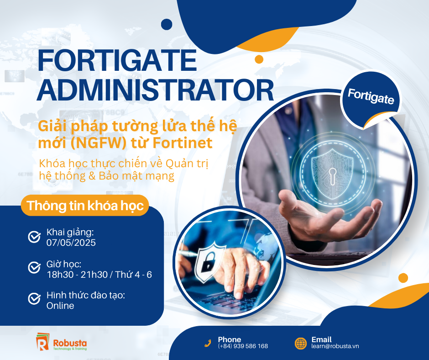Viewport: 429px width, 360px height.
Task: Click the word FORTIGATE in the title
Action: click(x=117, y=60)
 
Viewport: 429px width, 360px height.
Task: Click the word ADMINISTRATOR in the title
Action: click(x=155, y=90)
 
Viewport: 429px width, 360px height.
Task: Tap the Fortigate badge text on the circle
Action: click(x=371, y=96)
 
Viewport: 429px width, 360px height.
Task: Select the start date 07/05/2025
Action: click(x=71, y=243)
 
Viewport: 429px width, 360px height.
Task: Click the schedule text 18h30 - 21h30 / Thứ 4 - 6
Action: click(x=99, y=275)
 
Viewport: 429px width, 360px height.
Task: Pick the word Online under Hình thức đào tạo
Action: click(x=60, y=306)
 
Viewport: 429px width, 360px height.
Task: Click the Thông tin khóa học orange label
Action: click(x=85, y=206)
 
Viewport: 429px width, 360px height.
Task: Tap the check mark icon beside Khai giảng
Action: click(x=35, y=237)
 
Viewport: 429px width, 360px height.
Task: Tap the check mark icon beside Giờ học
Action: click(x=35, y=267)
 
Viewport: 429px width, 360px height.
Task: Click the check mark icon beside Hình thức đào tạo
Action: click(x=35, y=298)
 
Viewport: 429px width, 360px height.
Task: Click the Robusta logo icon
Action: click(x=42, y=341)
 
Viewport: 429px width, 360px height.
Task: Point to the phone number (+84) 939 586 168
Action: click(x=243, y=346)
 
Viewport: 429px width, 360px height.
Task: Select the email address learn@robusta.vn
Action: click(x=335, y=346)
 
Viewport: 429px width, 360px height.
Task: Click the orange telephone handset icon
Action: click(x=208, y=343)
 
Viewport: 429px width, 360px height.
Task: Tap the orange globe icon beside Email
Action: click(x=301, y=343)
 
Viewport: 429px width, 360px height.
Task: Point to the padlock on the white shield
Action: click(x=208, y=263)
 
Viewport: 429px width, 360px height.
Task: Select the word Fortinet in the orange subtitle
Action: click(x=183, y=143)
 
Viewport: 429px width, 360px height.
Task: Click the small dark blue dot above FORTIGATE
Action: click(x=167, y=24)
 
